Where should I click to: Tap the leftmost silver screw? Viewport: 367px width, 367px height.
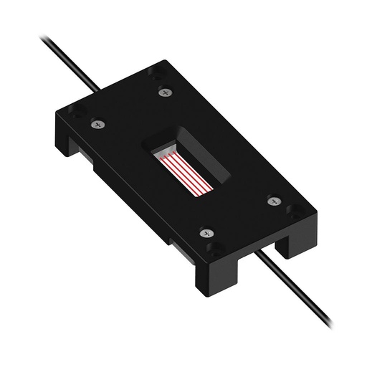point(98,125)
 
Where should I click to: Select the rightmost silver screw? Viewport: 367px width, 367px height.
point(272,201)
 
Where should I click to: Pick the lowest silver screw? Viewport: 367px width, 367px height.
point(206,234)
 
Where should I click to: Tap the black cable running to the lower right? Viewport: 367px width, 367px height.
point(301,301)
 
